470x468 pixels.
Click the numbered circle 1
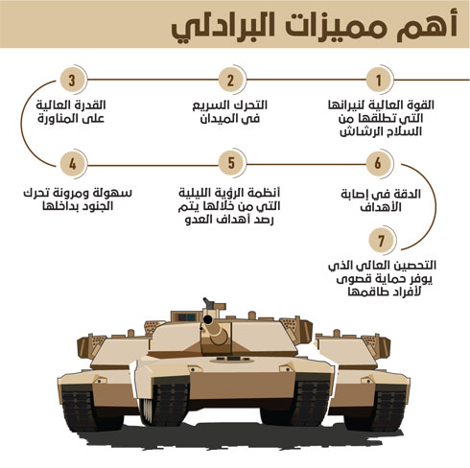point(378,80)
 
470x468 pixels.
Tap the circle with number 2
point(231,80)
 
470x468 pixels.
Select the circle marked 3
point(73,80)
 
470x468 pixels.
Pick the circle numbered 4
point(73,164)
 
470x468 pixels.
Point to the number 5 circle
point(231,163)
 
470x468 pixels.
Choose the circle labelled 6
point(378,163)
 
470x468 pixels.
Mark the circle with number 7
point(381,241)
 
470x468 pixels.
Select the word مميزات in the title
point(333,27)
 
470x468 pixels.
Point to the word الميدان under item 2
point(218,119)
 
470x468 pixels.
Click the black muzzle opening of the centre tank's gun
point(208,319)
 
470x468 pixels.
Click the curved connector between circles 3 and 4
point(22,122)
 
